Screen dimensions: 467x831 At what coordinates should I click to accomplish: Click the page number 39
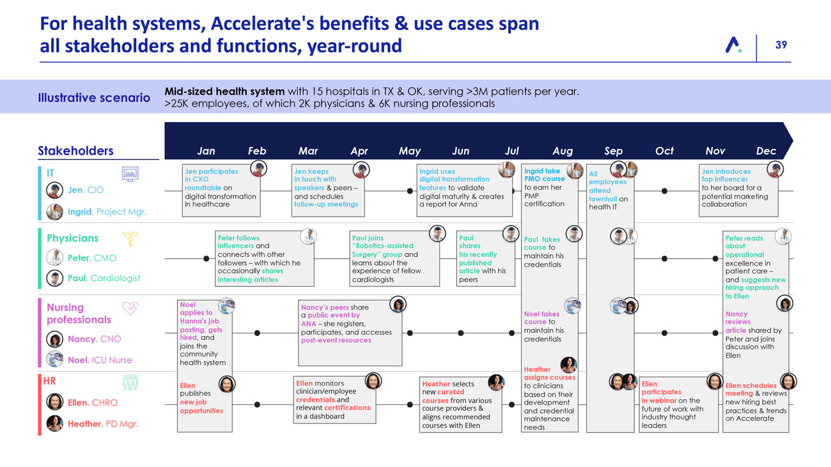(x=781, y=45)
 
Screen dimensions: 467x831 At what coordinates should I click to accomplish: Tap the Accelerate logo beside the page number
(x=733, y=45)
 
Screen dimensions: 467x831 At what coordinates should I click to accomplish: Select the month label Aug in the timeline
(x=562, y=151)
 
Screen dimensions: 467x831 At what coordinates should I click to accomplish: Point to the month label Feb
(x=256, y=151)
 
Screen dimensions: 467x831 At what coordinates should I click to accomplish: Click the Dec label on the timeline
(x=765, y=151)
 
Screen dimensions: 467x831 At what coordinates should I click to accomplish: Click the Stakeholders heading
(x=75, y=151)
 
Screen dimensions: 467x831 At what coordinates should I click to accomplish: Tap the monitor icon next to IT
(x=130, y=174)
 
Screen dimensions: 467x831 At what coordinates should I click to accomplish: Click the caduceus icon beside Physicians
(x=130, y=238)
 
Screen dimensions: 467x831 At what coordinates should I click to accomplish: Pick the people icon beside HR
(x=130, y=381)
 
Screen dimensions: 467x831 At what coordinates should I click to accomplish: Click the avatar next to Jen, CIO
(x=56, y=190)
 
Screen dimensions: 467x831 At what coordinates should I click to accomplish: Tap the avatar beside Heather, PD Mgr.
(x=56, y=424)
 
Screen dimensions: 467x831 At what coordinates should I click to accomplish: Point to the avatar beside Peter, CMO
(x=56, y=258)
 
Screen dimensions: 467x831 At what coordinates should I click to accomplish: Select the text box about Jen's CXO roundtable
(x=222, y=188)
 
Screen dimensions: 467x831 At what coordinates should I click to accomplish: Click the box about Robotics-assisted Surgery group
(x=395, y=257)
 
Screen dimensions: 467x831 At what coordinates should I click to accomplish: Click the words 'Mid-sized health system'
(x=223, y=91)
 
